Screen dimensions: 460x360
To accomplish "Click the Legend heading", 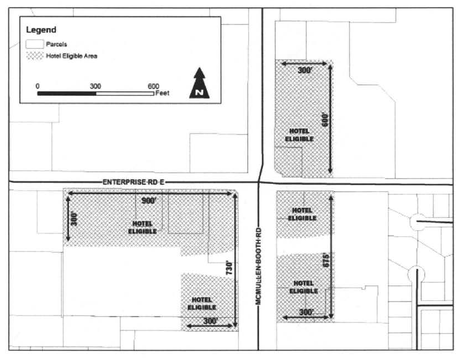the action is point(41,30).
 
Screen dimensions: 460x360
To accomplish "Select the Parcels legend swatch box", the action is point(35,44).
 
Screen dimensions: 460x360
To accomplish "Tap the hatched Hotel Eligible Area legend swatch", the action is point(35,56).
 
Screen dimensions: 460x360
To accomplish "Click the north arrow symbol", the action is point(200,83).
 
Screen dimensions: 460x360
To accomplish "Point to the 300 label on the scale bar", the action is point(95,86).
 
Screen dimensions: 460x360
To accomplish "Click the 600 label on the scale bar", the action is point(153,86).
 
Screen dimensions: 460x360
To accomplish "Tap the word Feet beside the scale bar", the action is point(163,93).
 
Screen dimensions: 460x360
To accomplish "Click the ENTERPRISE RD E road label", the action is point(133,182).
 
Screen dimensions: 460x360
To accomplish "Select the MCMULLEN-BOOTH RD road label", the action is point(259,266).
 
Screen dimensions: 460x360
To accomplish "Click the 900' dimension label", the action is point(149,201).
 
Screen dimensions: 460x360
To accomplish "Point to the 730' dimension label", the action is point(229,268).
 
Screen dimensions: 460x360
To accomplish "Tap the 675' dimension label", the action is point(326,260).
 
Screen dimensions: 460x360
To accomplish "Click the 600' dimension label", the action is point(325,119).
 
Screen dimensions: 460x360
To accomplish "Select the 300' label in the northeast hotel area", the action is point(304,71).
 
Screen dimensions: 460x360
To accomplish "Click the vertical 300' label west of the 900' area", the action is point(74,219).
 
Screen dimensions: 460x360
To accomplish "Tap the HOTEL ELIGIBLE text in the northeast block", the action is point(299,135).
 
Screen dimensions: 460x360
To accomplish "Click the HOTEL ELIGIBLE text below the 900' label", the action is point(142,228).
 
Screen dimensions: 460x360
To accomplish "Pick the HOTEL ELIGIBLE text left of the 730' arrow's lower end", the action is point(202,303).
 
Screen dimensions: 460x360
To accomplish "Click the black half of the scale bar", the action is point(67,94).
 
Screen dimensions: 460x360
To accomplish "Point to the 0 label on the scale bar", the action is point(38,86).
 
